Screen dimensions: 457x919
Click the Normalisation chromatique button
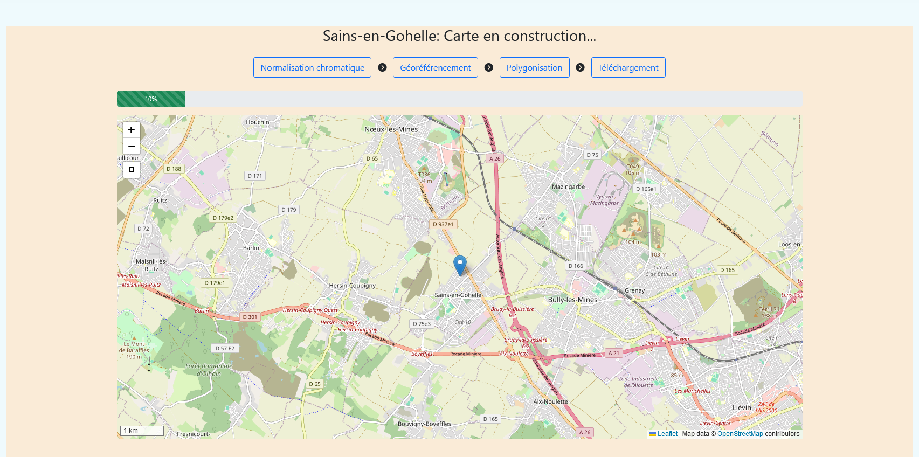[312, 67]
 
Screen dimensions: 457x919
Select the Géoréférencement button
[435, 67]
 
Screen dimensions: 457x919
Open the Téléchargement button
[628, 67]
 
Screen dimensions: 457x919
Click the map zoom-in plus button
[131, 130]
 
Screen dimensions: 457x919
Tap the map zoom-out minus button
[131, 146]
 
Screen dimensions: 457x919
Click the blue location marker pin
[460, 265]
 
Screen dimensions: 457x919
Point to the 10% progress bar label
[151, 99]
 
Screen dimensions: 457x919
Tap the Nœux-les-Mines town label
[391, 129]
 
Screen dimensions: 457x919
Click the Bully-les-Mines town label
[572, 300]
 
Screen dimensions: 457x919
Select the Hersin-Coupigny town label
[353, 286]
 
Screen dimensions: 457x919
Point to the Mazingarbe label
[568, 186]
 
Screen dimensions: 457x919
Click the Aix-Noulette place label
[550, 401]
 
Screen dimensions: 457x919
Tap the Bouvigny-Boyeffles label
[424, 424]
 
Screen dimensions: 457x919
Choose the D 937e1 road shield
[443, 224]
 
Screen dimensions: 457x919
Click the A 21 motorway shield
[614, 353]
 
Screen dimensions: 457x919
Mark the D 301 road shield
[250, 317]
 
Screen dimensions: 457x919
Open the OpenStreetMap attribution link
[740, 434]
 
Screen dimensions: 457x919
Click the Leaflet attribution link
[667, 434]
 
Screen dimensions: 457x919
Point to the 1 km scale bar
[141, 431]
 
